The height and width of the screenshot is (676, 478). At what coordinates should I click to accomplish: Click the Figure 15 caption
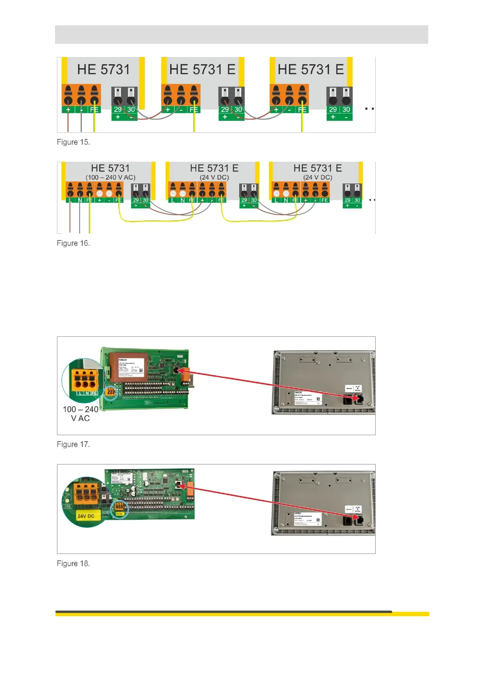[73, 142]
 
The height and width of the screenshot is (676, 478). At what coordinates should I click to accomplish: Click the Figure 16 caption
[73, 243]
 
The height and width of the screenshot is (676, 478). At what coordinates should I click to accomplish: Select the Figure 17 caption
[73, 444]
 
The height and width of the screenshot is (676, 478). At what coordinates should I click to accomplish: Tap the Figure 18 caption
[73, 564]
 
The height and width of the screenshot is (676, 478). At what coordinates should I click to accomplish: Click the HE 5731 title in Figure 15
[104, 69]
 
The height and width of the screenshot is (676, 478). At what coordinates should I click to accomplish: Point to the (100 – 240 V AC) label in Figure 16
[110, 177]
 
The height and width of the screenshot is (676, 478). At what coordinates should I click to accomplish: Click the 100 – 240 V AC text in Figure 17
[80, 414]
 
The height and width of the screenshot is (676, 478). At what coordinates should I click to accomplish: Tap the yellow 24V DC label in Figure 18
[86, 516]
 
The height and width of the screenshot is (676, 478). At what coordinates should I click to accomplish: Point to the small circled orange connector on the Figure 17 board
[110, 393]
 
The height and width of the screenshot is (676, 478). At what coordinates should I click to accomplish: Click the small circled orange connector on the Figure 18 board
[119, 508]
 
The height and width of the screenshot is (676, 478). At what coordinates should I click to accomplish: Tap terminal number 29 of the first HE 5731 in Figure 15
[118, 110]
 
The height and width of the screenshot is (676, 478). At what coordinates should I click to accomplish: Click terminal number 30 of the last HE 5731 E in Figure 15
[346, 110]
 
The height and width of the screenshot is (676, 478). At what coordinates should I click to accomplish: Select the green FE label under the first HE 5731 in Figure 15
[94, 110]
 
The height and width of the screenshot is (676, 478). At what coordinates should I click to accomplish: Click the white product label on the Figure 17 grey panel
[308, 399]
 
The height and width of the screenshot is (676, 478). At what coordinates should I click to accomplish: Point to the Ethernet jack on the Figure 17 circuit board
[177, 370]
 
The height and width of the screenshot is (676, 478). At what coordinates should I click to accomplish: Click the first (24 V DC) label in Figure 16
[214, 177]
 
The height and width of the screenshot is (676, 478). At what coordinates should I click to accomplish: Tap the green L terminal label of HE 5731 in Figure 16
[70, 200]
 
